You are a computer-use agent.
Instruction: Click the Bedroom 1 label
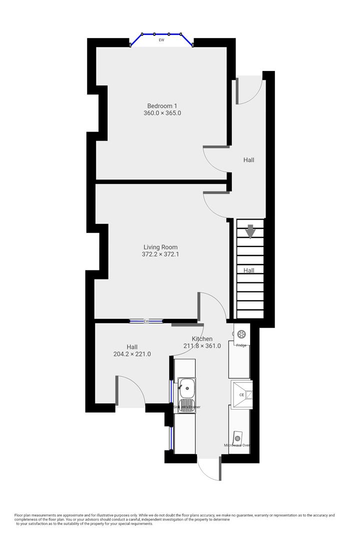click(162, 105)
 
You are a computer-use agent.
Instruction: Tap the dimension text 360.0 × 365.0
click(162, 113)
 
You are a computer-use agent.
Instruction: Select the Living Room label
click(160, 247)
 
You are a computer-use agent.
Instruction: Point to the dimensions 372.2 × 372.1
click(160, 254)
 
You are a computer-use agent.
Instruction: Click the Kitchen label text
click(202, 338)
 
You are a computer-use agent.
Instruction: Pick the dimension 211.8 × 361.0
click(202, 345)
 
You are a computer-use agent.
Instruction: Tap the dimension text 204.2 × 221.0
click(132, 354)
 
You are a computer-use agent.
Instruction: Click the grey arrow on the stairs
click(250, 231)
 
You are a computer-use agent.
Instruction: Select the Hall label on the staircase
click(249, 270)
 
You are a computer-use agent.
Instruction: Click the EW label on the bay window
click(161, 40)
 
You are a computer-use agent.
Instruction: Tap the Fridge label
click(241, 345)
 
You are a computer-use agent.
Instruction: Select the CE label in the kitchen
click(241, 395)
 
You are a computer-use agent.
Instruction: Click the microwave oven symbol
click(237, 437)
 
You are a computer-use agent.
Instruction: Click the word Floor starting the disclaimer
click(19, 515)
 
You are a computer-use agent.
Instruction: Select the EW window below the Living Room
click(146, 321)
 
